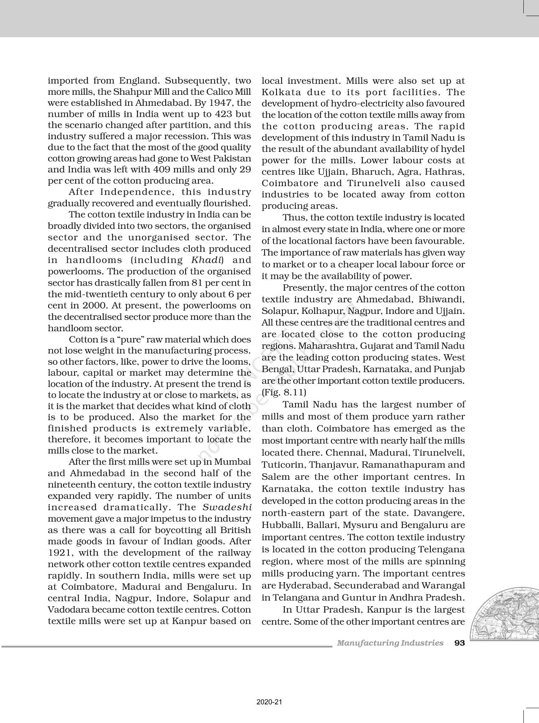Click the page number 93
pyautogui.click(x=459, y=643)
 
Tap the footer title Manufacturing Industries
pyautogui.click(x=390, y=643)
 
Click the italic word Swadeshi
pyautogui.click(x=227, y=507)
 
